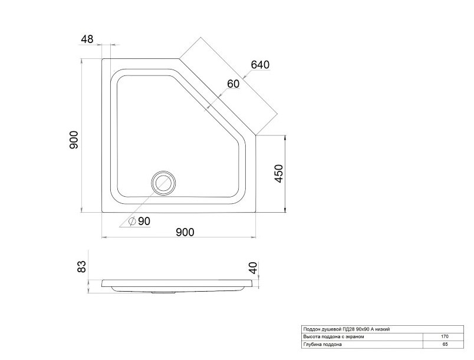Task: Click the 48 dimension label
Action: coord(87,39)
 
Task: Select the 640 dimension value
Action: coord(260,65)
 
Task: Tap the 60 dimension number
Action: coord(233,84)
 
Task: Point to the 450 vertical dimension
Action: coord(279,173)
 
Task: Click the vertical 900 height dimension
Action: coord(74,140)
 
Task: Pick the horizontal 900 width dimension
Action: coord(185,232)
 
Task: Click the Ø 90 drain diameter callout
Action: coord(139,222)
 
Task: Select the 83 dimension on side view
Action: coord(81,267)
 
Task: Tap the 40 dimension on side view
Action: coord(253,268)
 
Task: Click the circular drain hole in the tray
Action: coord(163,182)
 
